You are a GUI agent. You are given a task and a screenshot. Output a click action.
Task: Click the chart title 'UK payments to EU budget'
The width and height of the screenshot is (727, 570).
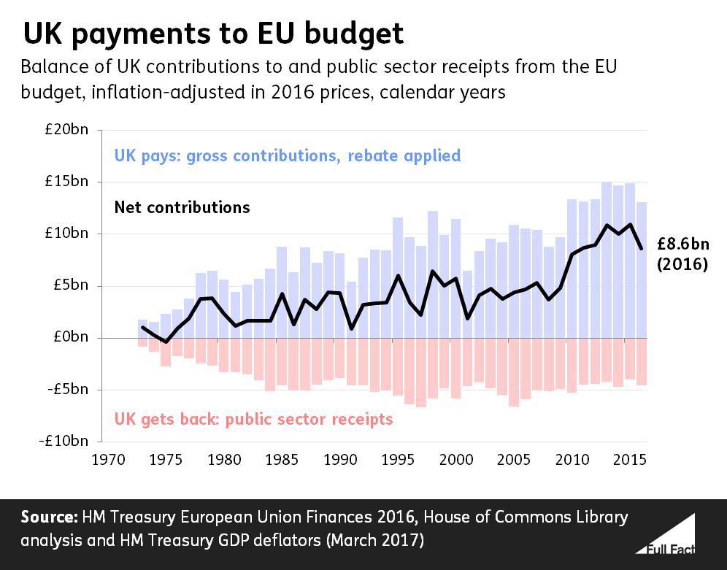point(213,34)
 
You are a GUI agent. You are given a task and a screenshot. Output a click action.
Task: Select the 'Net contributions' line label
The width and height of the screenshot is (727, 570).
point(182,207)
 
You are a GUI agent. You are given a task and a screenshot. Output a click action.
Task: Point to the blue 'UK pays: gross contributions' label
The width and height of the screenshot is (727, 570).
point(288,155)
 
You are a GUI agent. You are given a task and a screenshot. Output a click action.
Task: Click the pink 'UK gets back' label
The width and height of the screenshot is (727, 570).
point(253,419)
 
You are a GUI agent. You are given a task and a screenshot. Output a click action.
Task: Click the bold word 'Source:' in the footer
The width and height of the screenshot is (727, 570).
point(48,517)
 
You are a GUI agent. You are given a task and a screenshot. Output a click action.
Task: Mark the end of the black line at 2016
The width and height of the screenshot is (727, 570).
point(642,249)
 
